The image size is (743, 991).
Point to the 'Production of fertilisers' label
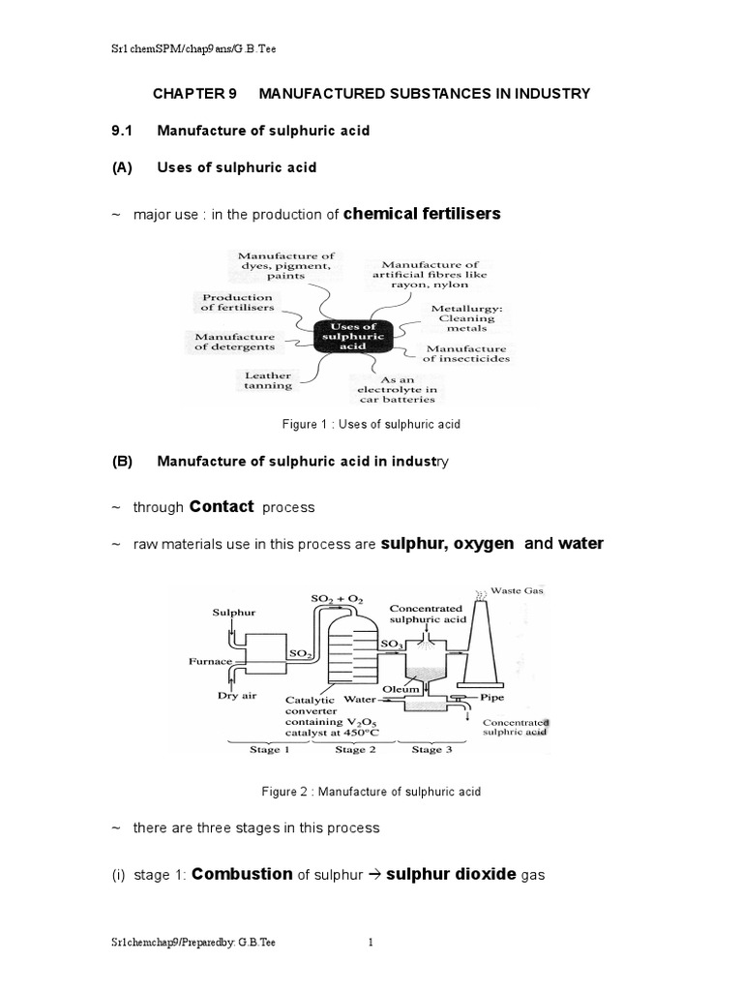coord(236,302)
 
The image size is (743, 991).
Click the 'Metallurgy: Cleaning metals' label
coord(463,317)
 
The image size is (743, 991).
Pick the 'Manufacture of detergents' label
coord(228,341)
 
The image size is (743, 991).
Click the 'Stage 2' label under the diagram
coord(350,749)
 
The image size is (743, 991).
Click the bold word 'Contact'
coord(222,506)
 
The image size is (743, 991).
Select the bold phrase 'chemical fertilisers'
coord(422,213)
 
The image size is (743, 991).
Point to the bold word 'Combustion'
coord(242,874)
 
